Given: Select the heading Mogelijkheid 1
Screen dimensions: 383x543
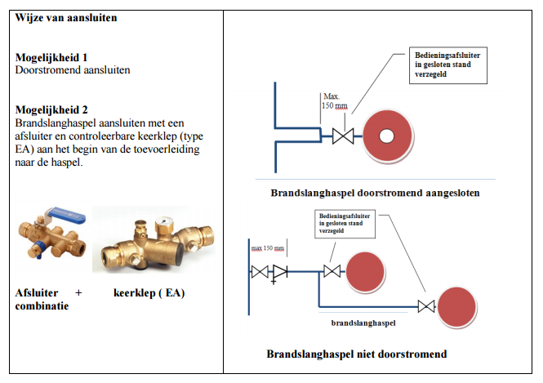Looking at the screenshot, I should click(x=51, y=58).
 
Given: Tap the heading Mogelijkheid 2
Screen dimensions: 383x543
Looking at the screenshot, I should click(x=51, y=109).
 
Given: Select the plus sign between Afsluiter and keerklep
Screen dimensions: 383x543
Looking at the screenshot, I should click(x=78, y=292).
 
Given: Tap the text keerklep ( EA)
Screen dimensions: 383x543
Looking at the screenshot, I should click(x=149, y=292).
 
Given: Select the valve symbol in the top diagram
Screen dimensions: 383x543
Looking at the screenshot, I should click(x=342, y=136).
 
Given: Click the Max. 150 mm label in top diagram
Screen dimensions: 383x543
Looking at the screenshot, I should click(x=334, y=100).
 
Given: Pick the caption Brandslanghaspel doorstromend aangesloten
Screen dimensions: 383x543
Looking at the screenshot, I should click(x=375, y=194).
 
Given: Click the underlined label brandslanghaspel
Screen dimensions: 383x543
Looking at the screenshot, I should click(x=363, y=323).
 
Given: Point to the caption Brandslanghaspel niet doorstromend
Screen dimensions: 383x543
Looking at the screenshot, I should click(x=356, y=354).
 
